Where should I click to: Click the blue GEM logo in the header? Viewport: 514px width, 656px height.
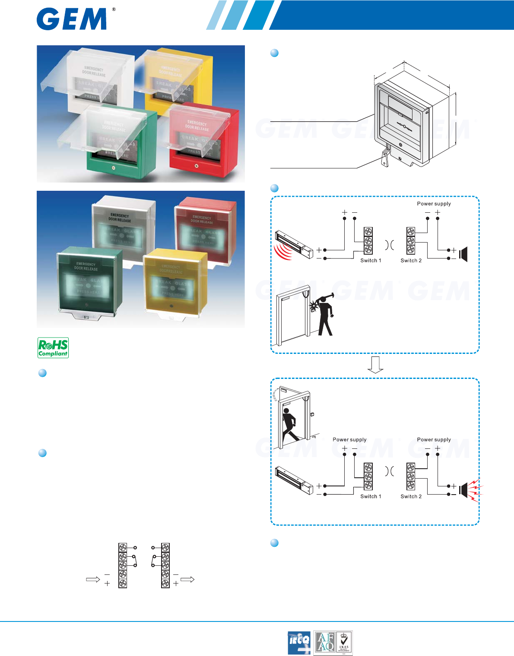pos(72,19)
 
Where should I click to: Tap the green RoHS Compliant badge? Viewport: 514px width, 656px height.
pos(53,348)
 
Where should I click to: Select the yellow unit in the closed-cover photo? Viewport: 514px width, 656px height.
pos(175,283)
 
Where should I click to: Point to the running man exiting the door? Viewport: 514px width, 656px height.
pos(289,425)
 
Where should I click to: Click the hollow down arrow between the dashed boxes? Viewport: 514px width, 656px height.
pos(375,365)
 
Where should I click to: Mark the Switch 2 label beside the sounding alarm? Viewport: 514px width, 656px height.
pos(411,496)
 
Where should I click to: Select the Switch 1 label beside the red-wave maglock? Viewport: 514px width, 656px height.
pos(371,260)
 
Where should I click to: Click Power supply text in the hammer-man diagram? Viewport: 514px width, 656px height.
pos(434,204)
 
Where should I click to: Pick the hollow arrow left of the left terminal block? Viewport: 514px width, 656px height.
pos(93,580)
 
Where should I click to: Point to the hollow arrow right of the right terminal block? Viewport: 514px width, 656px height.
pos(187,580)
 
